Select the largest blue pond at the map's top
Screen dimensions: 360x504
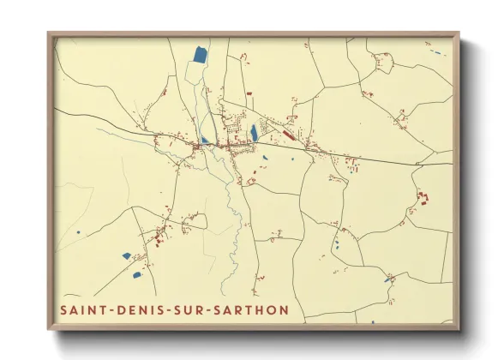click(x=199, y=56)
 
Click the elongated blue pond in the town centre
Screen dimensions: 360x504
click(x=255, y=133)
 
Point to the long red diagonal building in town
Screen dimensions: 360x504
click(x=288, y=135)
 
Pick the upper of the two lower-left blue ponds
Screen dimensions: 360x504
click(x=126, y=255)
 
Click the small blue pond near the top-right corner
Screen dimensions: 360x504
click(x=438, y=53)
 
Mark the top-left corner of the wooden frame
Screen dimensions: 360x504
click(x=50, y=34)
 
